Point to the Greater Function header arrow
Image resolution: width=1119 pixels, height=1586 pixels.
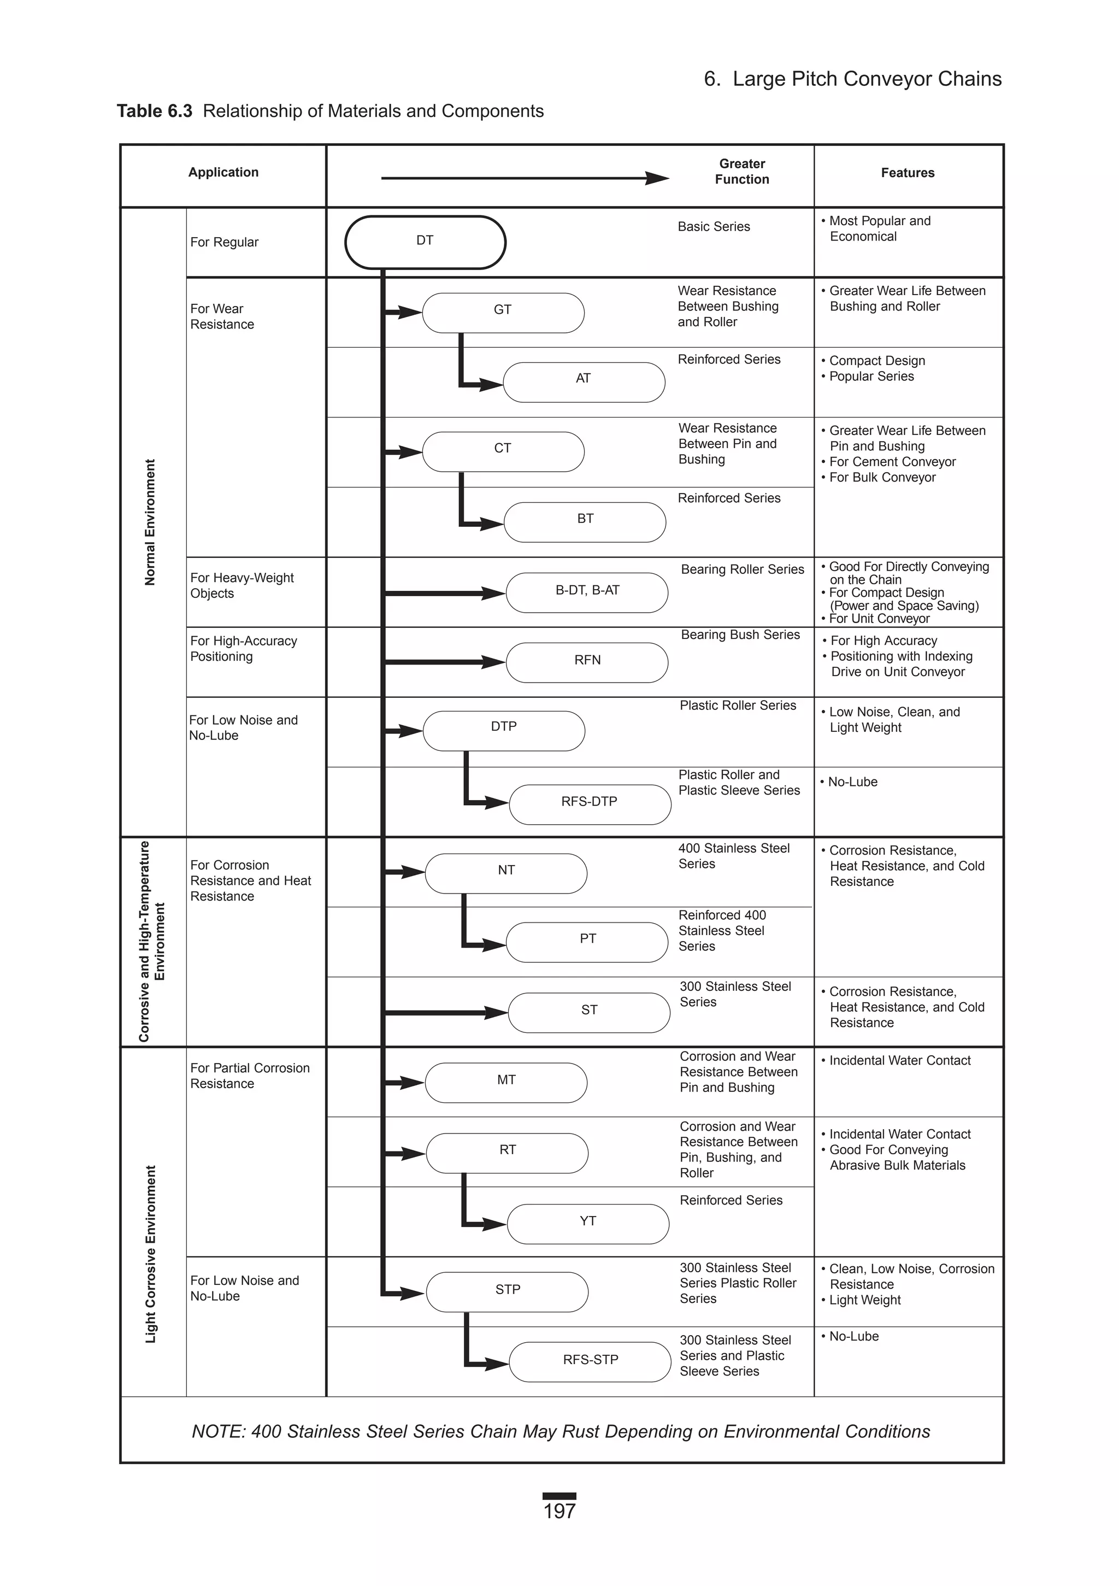(525, 178)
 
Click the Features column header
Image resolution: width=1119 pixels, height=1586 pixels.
(907, 173)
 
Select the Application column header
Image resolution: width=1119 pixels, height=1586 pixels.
(223, 172)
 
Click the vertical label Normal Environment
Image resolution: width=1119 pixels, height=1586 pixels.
(150, 522)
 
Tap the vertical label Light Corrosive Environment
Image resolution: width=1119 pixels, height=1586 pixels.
(151, 1254)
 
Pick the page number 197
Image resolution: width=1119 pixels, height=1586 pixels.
(559, 1511)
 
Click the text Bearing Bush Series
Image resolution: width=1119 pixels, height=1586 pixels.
(740, 635)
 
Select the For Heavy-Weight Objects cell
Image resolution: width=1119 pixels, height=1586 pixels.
(242, 585)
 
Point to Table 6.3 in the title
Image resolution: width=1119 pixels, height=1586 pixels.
(154, 111)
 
